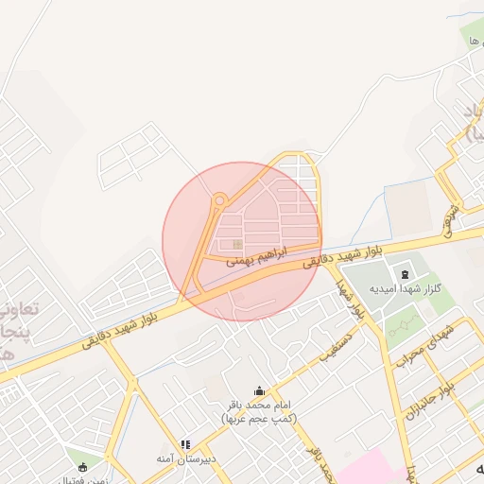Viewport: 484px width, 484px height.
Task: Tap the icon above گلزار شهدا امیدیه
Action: (406, 273)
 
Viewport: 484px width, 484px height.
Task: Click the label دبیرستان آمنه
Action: (187, 458)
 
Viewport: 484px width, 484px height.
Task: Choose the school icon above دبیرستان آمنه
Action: (186, 444)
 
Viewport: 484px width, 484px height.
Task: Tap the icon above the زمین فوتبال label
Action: (82, 467)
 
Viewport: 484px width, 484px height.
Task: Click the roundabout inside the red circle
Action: (219, 199)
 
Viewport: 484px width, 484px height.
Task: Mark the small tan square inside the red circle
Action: (236, 246)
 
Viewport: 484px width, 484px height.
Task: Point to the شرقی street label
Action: (453, 218)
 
